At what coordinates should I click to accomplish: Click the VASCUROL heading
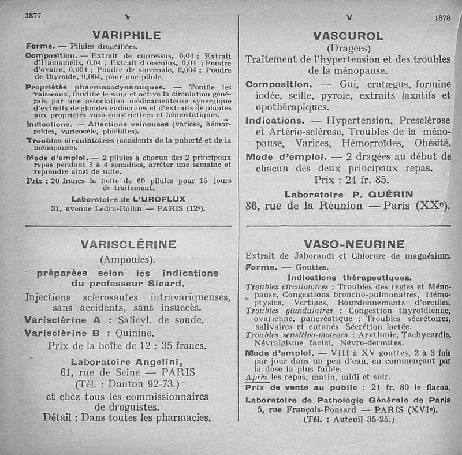tap(348, 36)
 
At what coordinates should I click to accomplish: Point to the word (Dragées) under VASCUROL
tap(348, 47)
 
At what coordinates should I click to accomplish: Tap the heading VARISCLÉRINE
tap(128, 244)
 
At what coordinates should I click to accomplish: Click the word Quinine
tap(135, 333)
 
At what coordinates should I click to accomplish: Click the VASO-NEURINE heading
tap(354, 244)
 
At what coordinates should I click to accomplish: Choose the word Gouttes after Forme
tap(312, 267)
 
